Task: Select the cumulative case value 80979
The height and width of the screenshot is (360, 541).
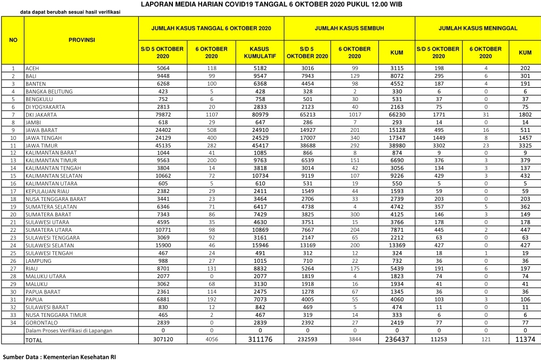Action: coord(259,114)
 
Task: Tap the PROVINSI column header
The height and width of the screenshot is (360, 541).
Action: coord(81,40)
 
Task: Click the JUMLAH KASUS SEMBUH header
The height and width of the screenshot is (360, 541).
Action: coord(349,28)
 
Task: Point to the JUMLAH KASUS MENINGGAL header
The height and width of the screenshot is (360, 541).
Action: coord(478,28)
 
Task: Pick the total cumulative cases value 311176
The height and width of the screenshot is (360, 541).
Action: coord(259,339)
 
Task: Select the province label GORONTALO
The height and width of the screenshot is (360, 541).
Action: coord(43,323)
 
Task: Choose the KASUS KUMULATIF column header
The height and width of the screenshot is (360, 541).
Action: coord(259,52)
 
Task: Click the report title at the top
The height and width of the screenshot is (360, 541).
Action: coord(271,4)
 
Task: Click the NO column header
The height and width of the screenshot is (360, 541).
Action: coord(13,40)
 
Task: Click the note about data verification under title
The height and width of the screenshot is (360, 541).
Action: coord(73,12)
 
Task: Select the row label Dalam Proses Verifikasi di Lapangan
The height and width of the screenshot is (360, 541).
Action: coord(69,331)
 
